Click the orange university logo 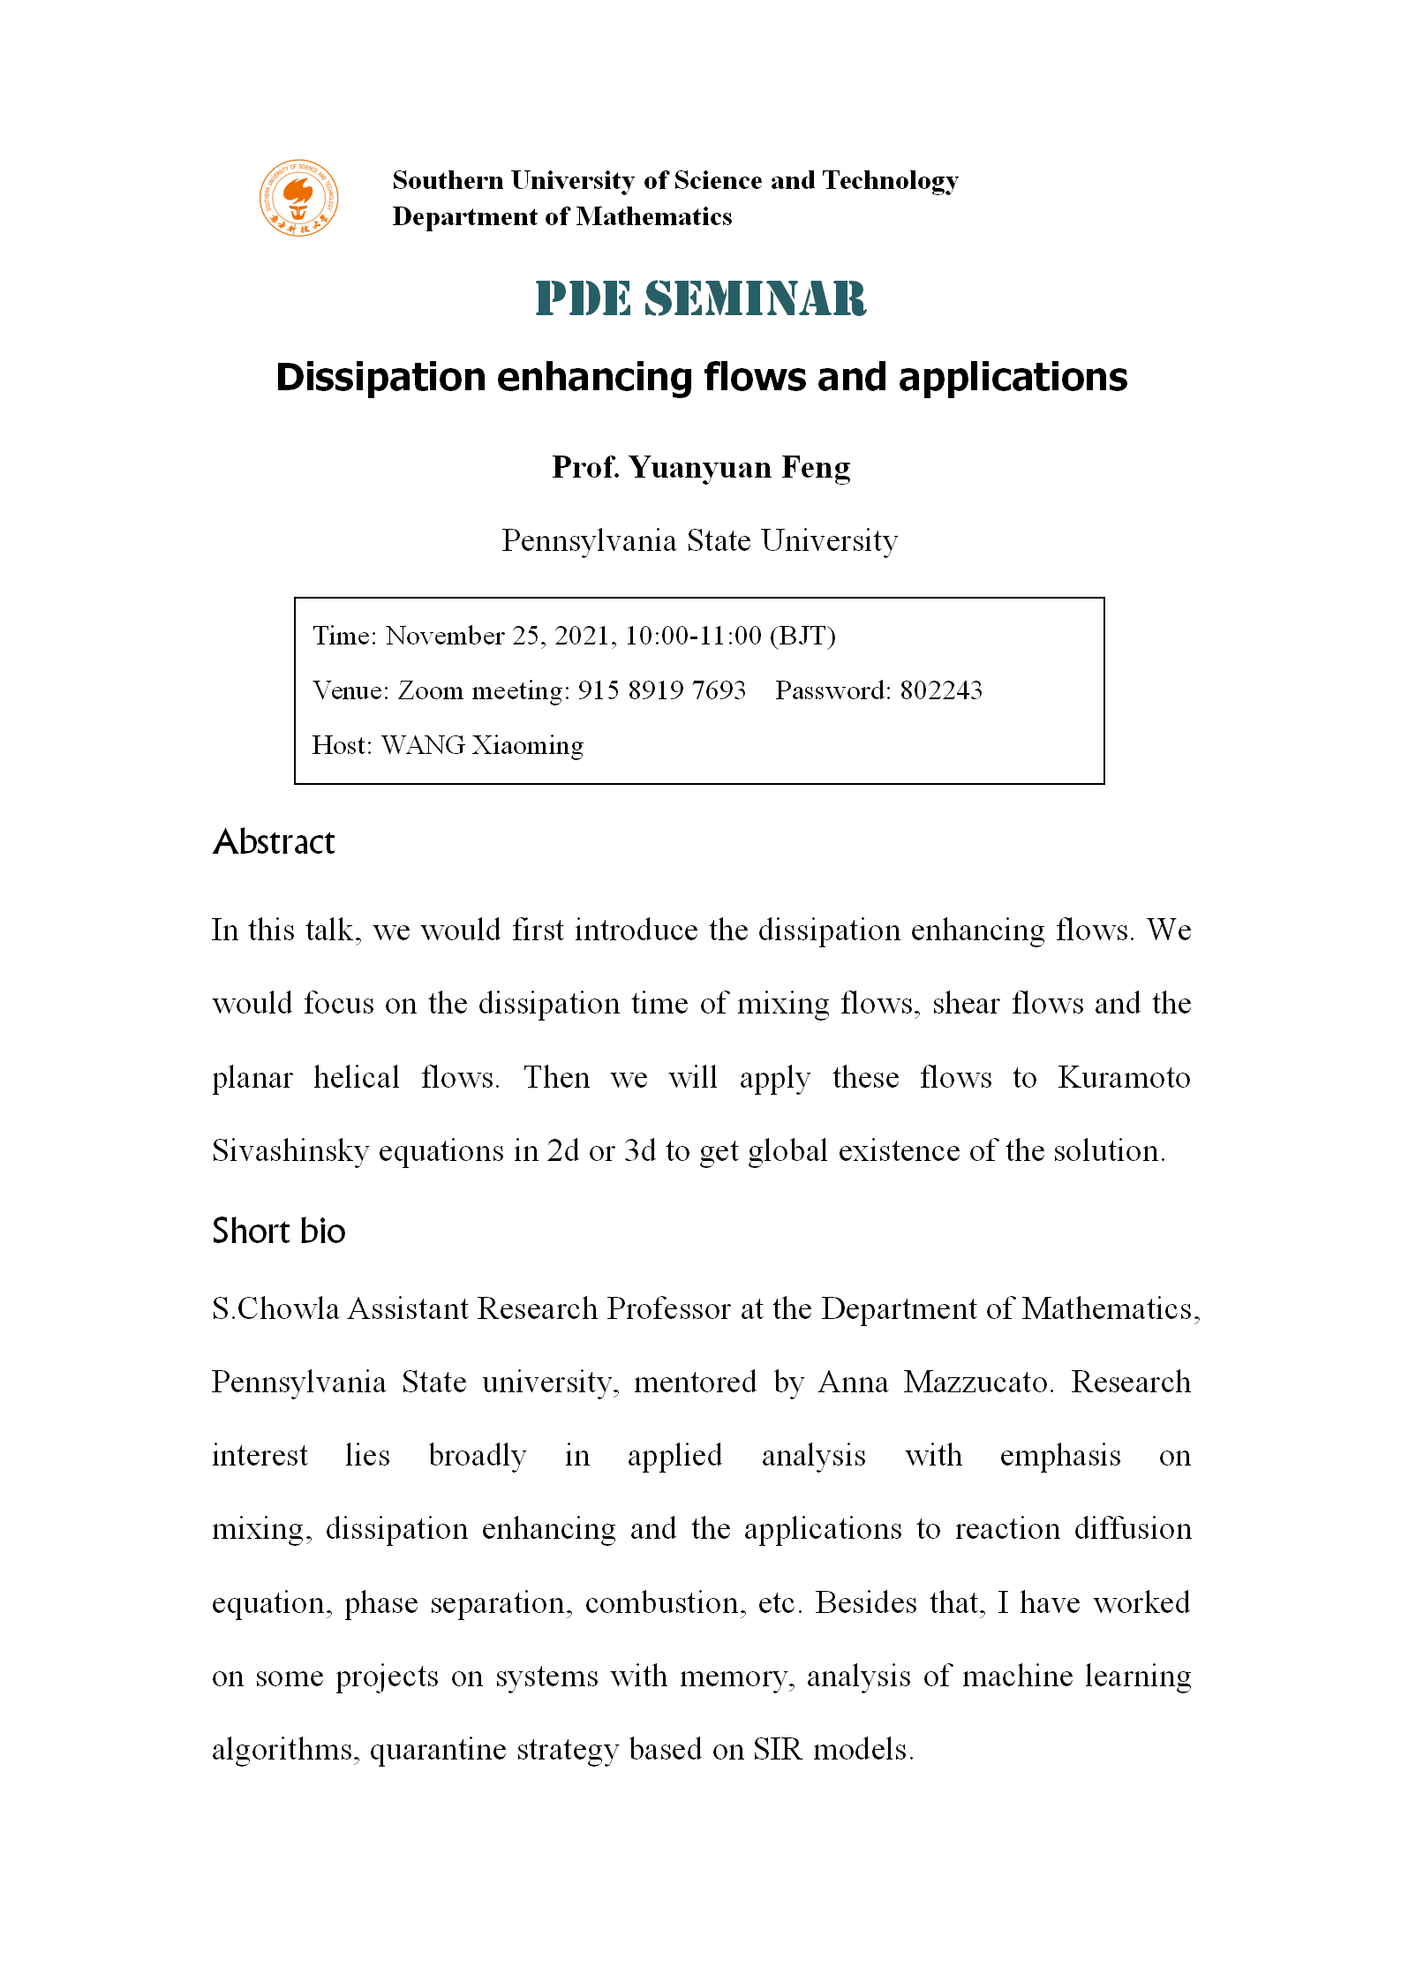pyautogui.click(x=298, y=198)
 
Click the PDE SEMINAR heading pyautogui.click(x=701, y=298)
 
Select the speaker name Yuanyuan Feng pyautogui.click(x=739, y=467)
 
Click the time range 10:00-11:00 pyautogui.click(x=693, y=636)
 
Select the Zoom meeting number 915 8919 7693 pyautogui.click(x=661, y=690)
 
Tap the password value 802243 pyautogui.click(x=941, y=690)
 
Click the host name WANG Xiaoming pyautogui.click(x=482, y=745)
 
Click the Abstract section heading pyautogui.click(x=274, y=842)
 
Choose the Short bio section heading pyautogui.click(x=279, y=1231)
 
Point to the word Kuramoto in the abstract pyautogui.click(x=1124, y=1078)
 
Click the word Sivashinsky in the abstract pyautogui.click(x=290, y=1151)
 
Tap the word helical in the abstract pyautogui.click(x=357, y=1078)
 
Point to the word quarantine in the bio pyautogui.click(x=437, y=1749)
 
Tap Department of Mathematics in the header pyautogui.click(x=562, y=216)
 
